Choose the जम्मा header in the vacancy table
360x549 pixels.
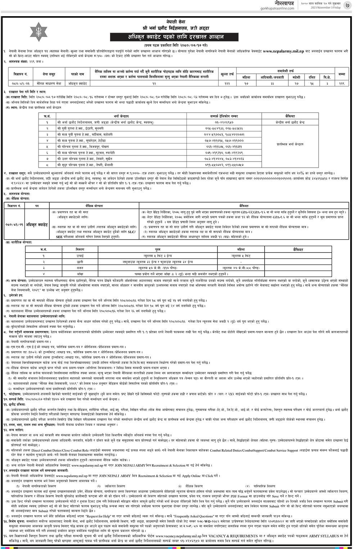point(341,74)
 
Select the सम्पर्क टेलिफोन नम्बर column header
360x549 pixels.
point(224,116)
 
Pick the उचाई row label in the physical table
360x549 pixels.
point(80,255)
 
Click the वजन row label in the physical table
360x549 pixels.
point(80,268)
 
